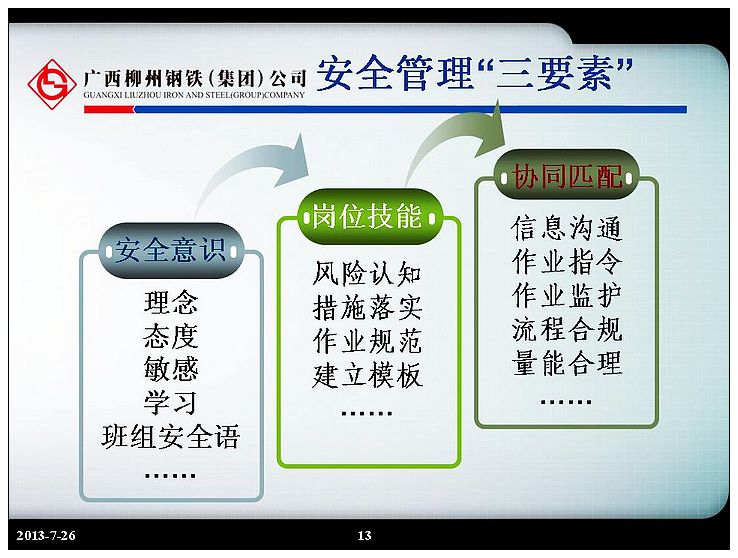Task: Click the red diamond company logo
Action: pyautogui.click(x=52, y=84)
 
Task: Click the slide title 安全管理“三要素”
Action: pyautogui.click(x=475, y=73)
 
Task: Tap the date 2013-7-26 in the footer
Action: pyautogui.click(x=46, y=535)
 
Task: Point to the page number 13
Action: pyautogui.click(x=364, y=535)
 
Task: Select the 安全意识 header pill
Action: pyautogui.click(x=170, y=250)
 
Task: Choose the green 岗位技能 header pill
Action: pyautogui.click(x=367, y=216)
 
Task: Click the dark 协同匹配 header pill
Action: pyautogui.click(x=567, y=176)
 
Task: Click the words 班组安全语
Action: pyautogui.click(x=171, y=436)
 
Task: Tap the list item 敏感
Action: pyautogui.click(x=171, y=368)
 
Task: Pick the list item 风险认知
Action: pyautogui.click(x=367, y=273)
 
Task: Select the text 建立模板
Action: pyautogui.click(x=367, y=375)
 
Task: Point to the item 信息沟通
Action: pyautogui.click(x=567, y=228)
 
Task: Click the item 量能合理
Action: pyautogui.click(x=567, y=363)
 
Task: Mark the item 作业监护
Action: pyautogui.click(x=567, y=295)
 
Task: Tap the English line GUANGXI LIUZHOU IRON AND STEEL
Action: pyautogui.click(x=194, y=95)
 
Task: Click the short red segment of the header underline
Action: pyautogui.click(x=109, y=110)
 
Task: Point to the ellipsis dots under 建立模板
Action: pyautogui.click(x=367, y=414)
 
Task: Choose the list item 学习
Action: pyautogui.click(x=171, y=402)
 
